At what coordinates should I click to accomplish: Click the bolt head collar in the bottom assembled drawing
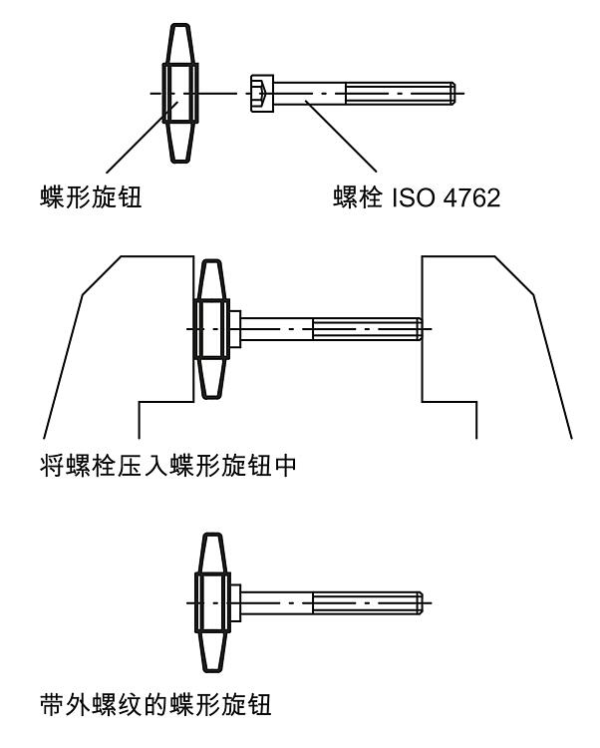pos(235,603)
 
